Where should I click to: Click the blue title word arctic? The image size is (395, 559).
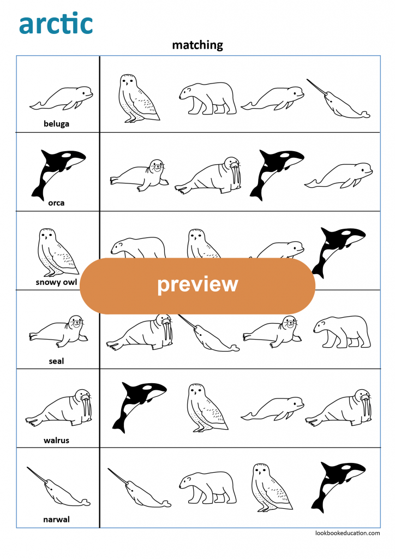point(56,24)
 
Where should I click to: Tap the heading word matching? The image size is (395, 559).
point(197,45)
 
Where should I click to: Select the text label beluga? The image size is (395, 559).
point(57,123)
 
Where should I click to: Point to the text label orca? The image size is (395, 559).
point(56,203)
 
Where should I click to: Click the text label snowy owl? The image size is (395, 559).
point(57,282)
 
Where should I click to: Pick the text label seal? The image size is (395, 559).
point(57,361)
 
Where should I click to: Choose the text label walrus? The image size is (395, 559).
point(57,440)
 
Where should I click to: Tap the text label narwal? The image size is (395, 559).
point(57,519)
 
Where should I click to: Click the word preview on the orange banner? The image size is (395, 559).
point(197,285)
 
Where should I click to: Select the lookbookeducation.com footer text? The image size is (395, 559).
point(348,533)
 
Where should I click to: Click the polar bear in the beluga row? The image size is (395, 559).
point(208,98)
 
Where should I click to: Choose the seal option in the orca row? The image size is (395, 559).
point(140,175)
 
